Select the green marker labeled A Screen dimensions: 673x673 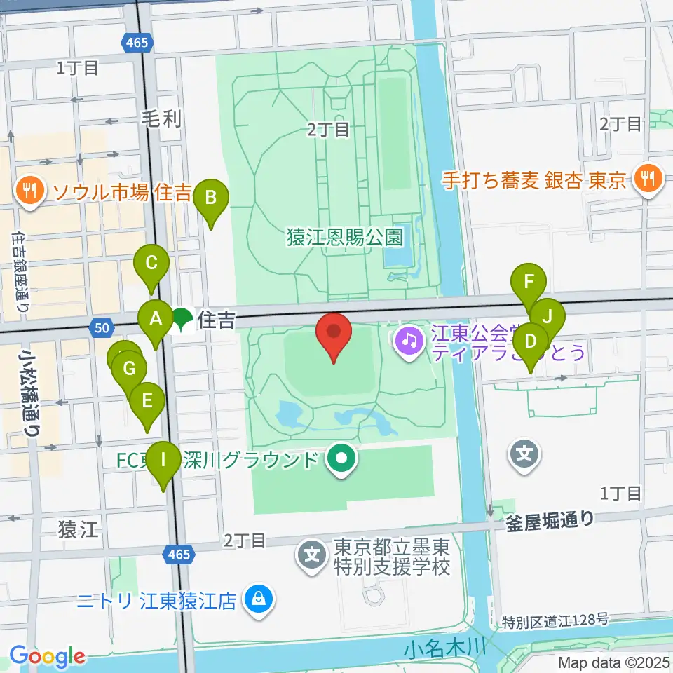point(156,320)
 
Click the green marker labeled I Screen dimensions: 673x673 point(164,461)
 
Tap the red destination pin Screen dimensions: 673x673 point(334,332)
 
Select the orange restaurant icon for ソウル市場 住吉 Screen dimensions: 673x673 point(29,190)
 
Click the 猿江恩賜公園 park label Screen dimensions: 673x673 point(344,237)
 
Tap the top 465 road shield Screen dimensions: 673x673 point(137,43)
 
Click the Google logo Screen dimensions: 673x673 point(47,657)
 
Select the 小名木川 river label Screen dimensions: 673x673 point(444,648)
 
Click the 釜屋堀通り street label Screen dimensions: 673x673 point(550,519)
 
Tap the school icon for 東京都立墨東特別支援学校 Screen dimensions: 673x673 point(312,556)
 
